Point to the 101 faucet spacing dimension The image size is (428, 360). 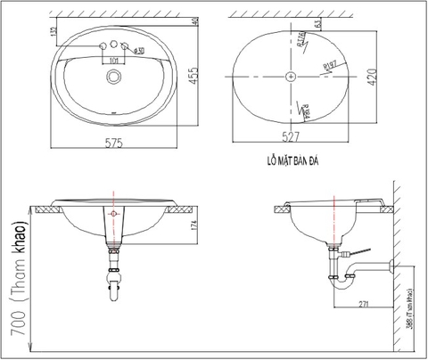(113, 61)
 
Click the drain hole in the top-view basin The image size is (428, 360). (113, 78)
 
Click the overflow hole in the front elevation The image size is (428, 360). (113, 216)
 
